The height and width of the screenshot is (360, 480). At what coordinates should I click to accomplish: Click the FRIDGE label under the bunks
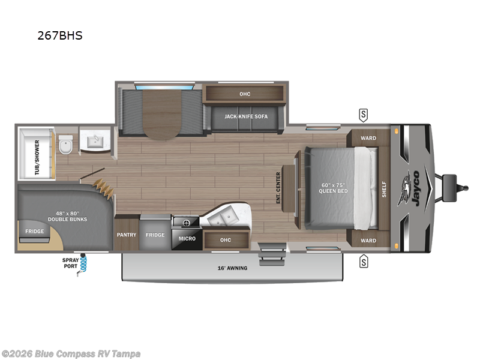34,231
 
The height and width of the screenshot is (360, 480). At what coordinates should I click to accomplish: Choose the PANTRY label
126,235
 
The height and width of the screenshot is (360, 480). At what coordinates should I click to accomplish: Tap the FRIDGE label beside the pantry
155,235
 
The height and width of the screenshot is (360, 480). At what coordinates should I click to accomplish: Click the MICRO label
187,239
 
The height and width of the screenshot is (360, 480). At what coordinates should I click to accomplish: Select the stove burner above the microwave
186,223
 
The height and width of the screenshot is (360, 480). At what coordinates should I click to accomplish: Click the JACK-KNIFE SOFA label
246,116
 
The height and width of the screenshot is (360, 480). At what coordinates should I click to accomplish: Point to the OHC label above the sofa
244,94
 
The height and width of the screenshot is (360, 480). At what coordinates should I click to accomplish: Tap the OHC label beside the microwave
225,240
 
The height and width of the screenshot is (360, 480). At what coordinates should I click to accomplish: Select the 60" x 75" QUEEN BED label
335,187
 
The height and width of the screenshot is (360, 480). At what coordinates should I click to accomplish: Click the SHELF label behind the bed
385,188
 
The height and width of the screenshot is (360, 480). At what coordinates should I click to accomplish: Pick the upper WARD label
368,138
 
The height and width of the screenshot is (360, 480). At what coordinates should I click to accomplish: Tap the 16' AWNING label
233,268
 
